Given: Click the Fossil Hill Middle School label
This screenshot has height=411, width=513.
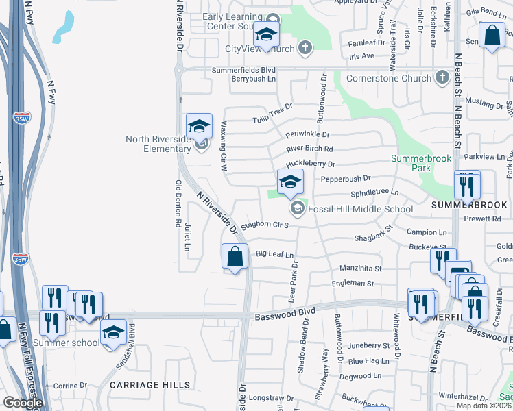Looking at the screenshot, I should point(361,210).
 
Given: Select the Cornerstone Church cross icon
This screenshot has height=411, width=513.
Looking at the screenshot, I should point(443,78).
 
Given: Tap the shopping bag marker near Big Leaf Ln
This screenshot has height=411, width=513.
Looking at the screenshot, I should point(235,257).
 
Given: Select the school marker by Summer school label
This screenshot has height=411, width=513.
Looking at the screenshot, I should point(114,334).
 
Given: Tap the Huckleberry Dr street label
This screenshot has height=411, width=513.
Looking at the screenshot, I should point(310,164).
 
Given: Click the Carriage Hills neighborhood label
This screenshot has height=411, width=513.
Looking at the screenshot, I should point(150,385).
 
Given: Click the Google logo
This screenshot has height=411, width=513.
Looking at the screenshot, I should point(23,403).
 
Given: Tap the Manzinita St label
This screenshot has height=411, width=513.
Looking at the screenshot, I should point(360,268).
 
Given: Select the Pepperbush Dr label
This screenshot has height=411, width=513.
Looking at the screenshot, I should point(346,179).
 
